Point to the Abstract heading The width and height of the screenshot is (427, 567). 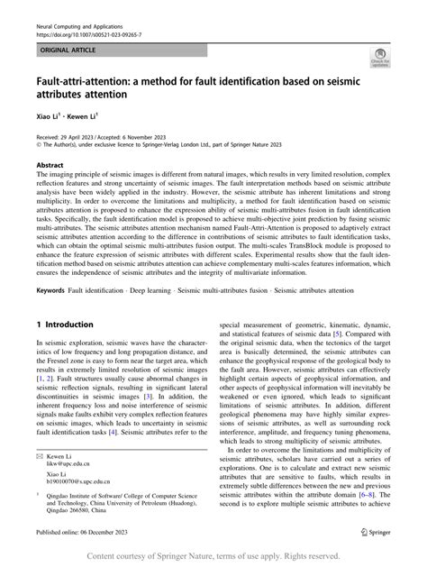click(50, 167)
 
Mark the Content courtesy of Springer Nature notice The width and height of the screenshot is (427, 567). click(213, 556)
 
